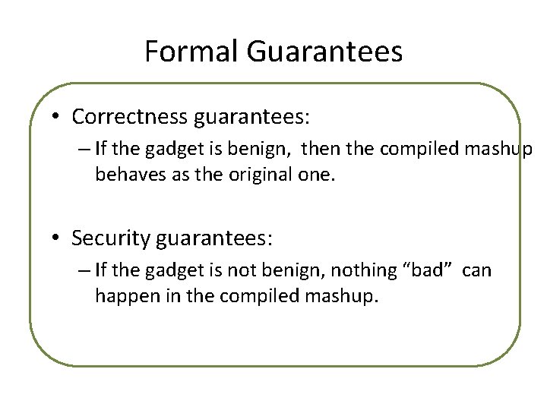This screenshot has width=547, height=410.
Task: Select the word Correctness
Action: (131, 116)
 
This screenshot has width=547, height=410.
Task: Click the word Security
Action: (110, 239)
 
